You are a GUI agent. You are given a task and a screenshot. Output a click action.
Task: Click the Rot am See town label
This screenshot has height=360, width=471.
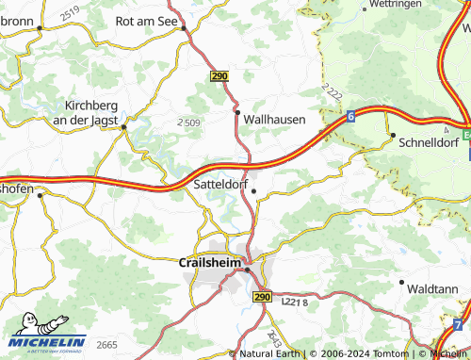146,19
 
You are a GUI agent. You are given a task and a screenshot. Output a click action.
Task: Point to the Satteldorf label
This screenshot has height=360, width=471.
219,185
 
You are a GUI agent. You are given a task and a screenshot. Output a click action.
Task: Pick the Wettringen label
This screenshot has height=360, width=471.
394,5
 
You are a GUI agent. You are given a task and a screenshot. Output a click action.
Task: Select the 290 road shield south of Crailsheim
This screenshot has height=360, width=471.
262,296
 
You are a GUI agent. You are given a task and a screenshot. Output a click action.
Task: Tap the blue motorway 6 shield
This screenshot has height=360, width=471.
349,116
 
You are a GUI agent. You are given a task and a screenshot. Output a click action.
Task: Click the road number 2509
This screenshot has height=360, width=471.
188,123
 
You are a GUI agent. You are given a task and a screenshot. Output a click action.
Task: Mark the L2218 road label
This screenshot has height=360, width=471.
295,301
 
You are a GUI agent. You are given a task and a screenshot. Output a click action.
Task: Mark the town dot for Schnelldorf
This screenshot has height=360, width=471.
393,137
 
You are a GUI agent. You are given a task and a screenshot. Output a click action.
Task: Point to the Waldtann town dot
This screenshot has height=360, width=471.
402,282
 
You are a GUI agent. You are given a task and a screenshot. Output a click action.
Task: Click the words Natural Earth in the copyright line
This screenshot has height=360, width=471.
270,353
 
